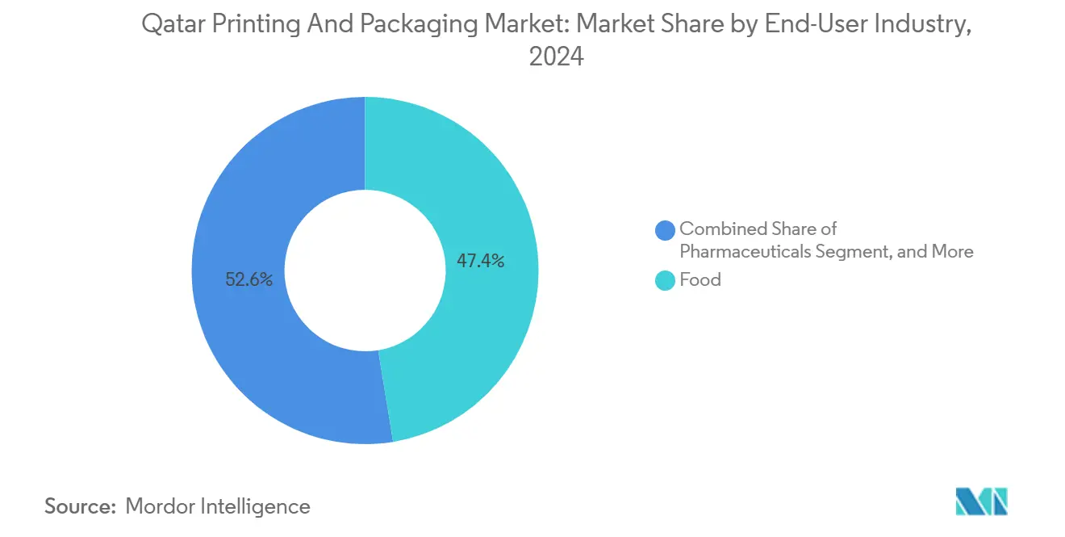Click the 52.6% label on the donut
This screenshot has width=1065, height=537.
coord(249,280)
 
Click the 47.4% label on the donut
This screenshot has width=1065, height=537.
coord(480,261)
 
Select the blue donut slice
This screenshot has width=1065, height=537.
coord(242,202)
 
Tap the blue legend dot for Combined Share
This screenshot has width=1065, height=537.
coord(666,230)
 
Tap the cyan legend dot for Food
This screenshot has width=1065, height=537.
coord(666,281)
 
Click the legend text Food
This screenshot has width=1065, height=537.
coord(700,280)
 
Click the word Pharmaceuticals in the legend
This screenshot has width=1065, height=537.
coord(743,252)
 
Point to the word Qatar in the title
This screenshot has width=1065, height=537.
coord(168,25)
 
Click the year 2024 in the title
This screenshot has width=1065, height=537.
coord(556,57)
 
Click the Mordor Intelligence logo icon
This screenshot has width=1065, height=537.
coord(981,501)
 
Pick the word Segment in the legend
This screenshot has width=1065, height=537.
coord(848,252)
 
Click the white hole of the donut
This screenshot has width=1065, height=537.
coord(365,271)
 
